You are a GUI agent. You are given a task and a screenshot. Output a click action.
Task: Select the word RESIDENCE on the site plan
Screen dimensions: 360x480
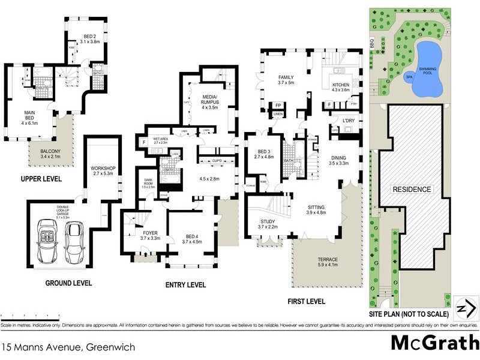(x=412, y=189)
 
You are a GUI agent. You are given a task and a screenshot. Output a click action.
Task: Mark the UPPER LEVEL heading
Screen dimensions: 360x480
(x=43, y=179)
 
